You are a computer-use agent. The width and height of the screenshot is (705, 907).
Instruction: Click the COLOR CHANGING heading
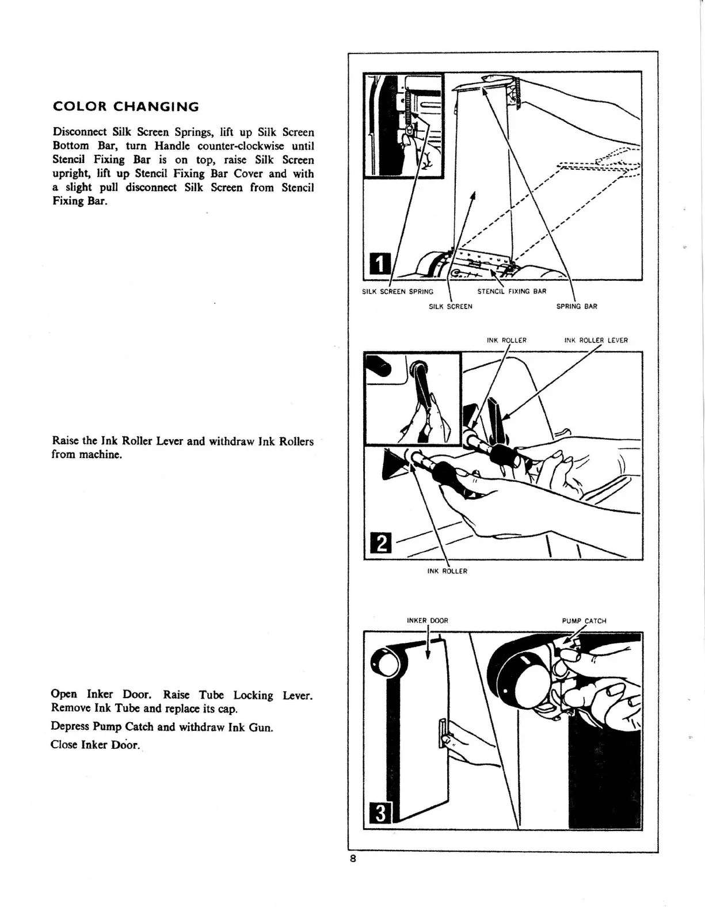pyautogui.click(x=125, y=107)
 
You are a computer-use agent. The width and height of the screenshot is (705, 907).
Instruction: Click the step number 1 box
pyautogui.click(x=378, y=264)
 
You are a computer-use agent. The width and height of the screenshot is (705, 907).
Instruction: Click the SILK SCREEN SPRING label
pyautogui.click(x=398, y=292)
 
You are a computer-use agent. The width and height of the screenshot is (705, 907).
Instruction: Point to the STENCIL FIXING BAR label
pyautogui.click(x=512, y=292)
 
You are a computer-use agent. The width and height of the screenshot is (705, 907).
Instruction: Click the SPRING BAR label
pyautogui.click(x=577, y=307)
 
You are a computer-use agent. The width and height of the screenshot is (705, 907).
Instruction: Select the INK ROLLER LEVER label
pyautogui.click(x=596, y=340)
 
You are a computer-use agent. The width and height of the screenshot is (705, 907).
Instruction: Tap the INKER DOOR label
pyautogui.click(x=427, y=621)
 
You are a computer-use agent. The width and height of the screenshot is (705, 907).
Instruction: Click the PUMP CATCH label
pyautogui.click(x=584, y=621)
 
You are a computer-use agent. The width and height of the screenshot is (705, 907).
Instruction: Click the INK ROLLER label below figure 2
pyautogui.click(x=447, y=571)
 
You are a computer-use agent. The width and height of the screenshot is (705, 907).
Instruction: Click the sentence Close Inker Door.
pyautogui.click(x=96, y=745)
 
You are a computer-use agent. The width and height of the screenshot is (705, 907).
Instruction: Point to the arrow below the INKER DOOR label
pyautogui.click(x=428, y=645)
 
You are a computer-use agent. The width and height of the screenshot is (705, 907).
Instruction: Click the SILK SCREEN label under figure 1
pyautogui.click(x=451, y=307)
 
